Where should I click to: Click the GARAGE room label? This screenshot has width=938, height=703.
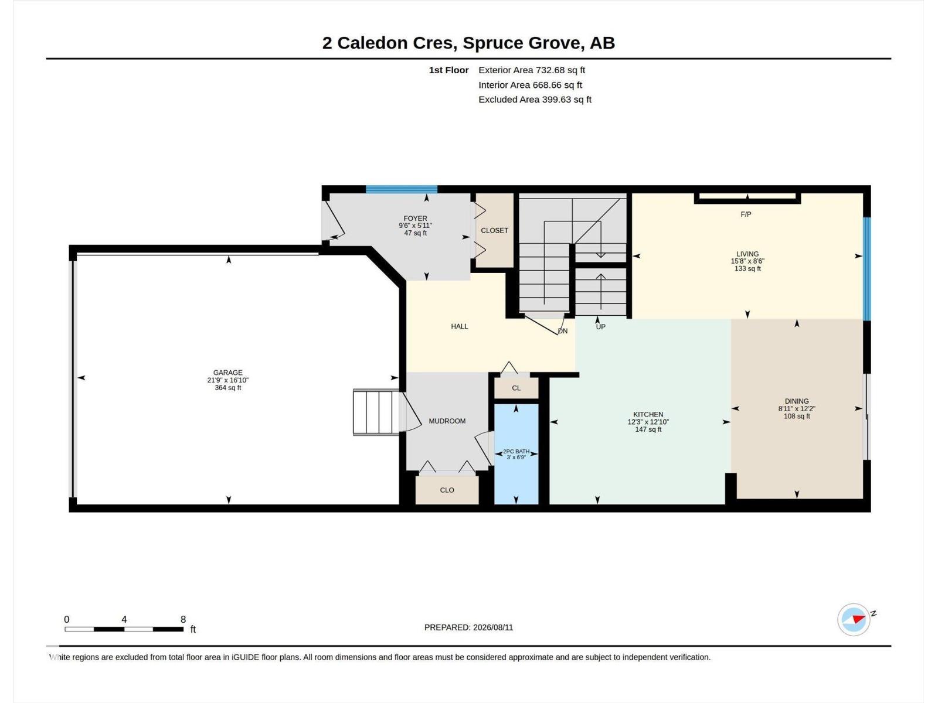228,373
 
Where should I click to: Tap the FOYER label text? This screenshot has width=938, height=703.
415,218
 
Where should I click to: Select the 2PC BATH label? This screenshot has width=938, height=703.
516,451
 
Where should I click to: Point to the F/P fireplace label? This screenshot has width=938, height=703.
746,214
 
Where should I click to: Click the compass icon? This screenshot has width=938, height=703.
854,619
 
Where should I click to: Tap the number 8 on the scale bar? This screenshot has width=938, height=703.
183,619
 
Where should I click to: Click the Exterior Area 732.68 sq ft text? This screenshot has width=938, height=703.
532,70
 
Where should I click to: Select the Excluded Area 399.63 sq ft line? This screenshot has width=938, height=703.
535,100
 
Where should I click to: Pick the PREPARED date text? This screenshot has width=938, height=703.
468,627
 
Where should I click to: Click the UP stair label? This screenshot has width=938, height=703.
600,327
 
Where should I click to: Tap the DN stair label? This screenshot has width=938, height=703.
563,331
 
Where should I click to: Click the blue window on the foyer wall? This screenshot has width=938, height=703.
401,189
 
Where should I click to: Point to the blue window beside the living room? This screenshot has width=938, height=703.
866,269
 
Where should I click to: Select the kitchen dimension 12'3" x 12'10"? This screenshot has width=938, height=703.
648,422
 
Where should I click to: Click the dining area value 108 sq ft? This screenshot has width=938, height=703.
797,416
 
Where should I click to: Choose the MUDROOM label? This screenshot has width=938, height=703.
447,421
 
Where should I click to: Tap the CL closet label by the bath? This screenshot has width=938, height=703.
516,388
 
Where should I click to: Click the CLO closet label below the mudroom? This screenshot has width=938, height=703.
447,490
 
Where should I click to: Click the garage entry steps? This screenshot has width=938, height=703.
376,412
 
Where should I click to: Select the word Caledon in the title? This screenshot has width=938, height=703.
372,43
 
